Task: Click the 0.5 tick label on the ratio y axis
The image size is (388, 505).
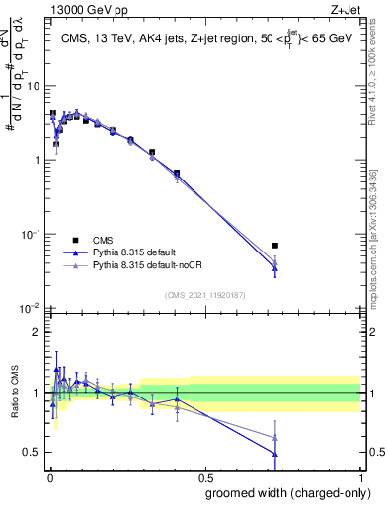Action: tap(32, 452)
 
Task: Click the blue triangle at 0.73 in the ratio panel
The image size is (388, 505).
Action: tap(275, 454)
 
